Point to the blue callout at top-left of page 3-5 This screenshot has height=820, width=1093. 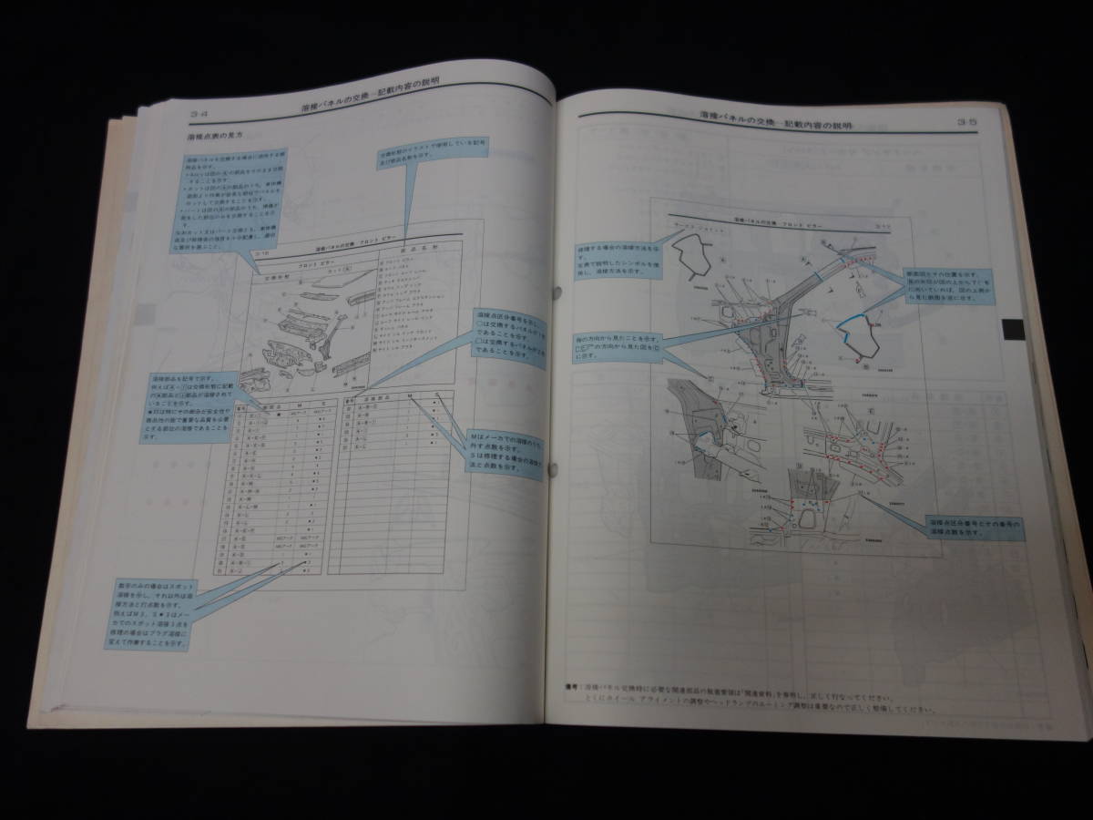pos(605,257)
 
